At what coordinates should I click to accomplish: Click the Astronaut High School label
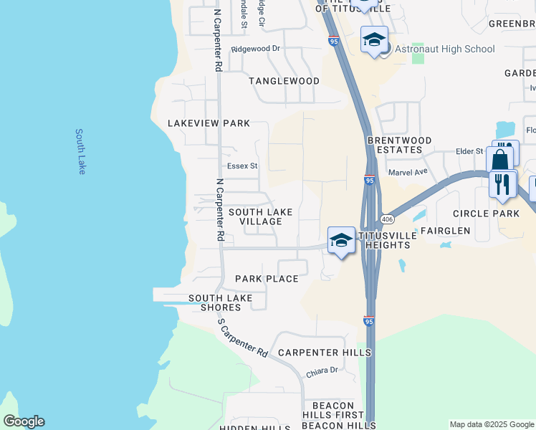(x=444, y=49)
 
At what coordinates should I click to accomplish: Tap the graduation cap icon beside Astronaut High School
(x=374, y=40)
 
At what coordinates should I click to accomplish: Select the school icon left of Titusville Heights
(x=341, y=241)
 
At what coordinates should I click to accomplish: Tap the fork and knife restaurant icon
(x=503, y=184)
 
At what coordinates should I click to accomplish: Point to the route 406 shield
(x=387, y=219)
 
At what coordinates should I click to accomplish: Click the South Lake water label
(x=81, y=151)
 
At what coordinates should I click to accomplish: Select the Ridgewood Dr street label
(x=256, y=49)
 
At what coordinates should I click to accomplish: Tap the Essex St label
(x=242, y=166)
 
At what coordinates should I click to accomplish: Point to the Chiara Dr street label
(x=322, y=370)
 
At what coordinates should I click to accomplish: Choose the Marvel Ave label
(x=407, y=172)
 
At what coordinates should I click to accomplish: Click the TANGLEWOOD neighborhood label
(x=284, y=81)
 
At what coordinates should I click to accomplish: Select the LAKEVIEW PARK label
(x=209, y=123)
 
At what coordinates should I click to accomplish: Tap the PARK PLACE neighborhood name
(x=267, y=279)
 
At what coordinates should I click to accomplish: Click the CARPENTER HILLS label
(x=325, y=353)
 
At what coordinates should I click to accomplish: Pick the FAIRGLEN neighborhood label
(x=445, y=231)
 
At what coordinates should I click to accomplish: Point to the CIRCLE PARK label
(x=486, y=214)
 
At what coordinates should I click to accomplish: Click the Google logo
(x=24, y=421)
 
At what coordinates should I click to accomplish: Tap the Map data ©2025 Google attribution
(x=491, y=424)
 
